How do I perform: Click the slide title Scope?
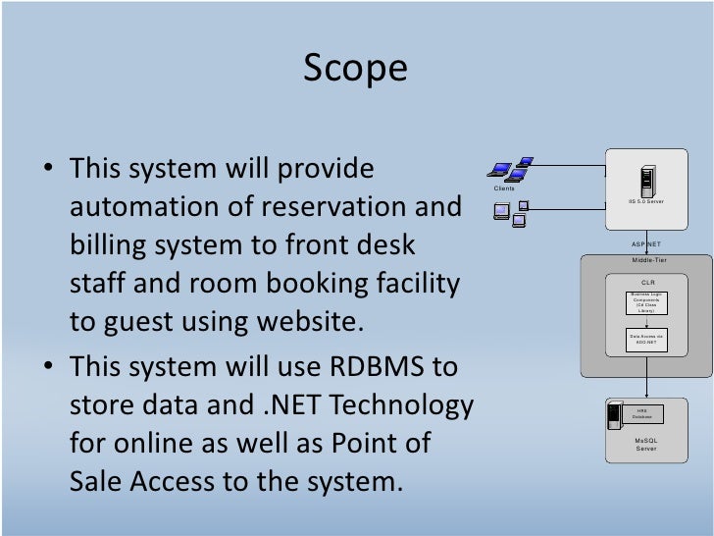(355, 68)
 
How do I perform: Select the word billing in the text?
(107, 245)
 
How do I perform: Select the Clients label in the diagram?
(504, 188)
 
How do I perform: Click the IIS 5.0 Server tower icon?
(646, 182)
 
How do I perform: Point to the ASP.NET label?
(646, 242)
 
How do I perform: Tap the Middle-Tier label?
(646, 260)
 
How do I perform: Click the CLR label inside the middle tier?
(646, 282)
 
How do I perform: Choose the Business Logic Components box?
(646, 302)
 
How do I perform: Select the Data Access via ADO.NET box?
(646, 340)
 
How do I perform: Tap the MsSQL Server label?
(646, 445)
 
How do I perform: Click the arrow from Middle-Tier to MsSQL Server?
(646, 387)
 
